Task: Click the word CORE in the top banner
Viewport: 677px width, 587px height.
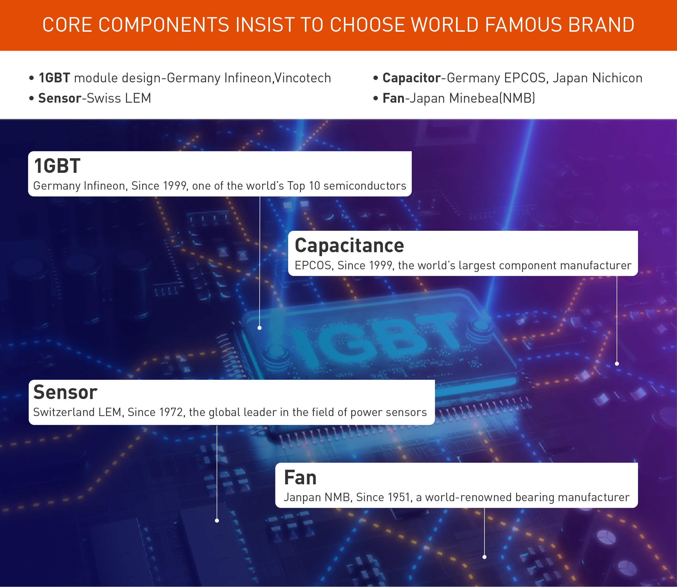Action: [x=67, y=25]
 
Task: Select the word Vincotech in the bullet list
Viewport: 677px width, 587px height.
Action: [x=303, y=78]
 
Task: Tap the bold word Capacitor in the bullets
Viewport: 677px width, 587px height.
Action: [x=411, y=78]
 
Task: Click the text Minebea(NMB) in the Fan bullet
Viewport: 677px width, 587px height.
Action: [x=492, y=98]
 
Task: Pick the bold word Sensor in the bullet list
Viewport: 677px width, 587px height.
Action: [x=60, y=98]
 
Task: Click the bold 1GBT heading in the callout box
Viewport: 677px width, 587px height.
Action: [x=57, y=166]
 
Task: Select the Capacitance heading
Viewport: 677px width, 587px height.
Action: [x=349, y=246]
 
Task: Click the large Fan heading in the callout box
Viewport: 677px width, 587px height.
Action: [x=300, y=478]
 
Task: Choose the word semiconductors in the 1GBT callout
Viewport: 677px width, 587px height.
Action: [x=364, y=186]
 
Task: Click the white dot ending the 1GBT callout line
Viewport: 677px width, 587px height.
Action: [x=259, y=328]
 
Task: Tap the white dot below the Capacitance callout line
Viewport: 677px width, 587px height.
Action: [x=617, y=364]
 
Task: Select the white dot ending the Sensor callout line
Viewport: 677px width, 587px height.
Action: [x=217, y=521]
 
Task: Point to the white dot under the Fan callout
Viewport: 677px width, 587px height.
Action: [x=484, y=557]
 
